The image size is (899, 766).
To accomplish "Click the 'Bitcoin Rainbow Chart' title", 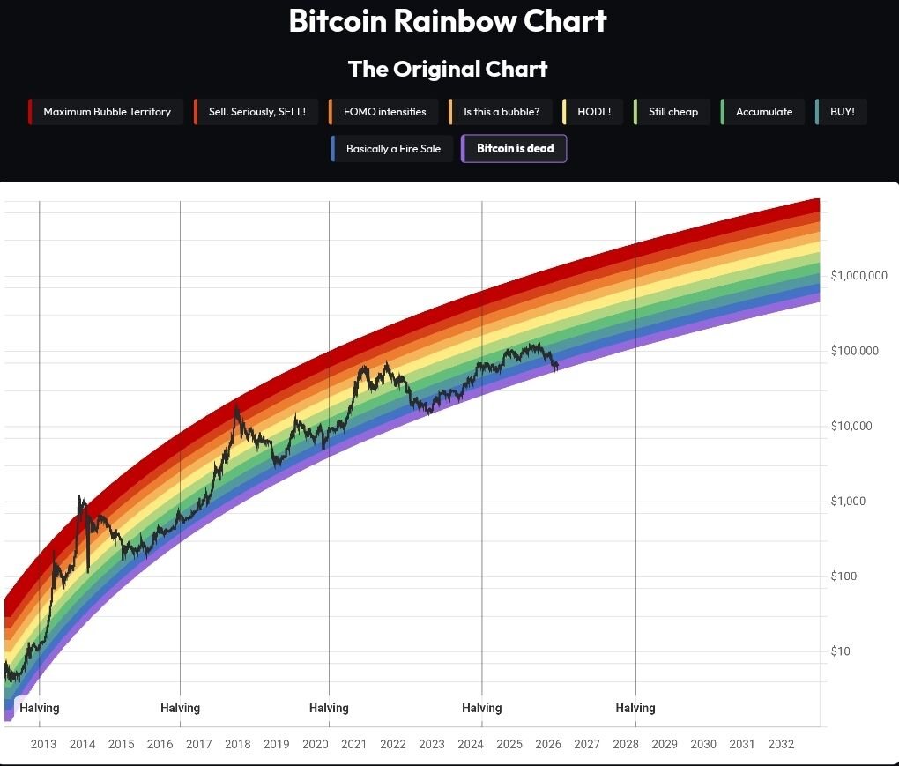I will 448,21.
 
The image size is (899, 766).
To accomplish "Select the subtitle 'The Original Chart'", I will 448,69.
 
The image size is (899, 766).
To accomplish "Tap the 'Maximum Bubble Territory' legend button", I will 106,112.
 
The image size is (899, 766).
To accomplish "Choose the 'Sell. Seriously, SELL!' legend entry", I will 256,112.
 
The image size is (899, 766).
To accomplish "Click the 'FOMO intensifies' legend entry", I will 383,112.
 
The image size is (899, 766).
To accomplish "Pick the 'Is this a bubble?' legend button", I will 501,112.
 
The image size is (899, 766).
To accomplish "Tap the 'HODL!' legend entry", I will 593,112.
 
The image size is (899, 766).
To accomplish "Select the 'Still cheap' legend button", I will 672,112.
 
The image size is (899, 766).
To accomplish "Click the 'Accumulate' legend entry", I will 763,112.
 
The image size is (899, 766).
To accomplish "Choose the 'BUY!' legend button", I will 842,112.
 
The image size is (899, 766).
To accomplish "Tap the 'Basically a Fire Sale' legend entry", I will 392,149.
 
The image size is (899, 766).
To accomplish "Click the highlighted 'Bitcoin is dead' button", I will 515,149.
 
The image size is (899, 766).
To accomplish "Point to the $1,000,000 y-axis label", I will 858,276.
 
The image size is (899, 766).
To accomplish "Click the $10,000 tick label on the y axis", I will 851,427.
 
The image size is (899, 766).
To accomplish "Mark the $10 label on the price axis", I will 841,651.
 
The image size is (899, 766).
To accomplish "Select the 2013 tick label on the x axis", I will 43,744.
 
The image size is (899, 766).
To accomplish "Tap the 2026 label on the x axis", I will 547,744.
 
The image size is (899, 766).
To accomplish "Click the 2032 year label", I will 780,744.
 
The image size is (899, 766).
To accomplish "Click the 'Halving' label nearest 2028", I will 635,708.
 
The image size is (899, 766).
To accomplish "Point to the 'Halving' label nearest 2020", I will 329,708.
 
